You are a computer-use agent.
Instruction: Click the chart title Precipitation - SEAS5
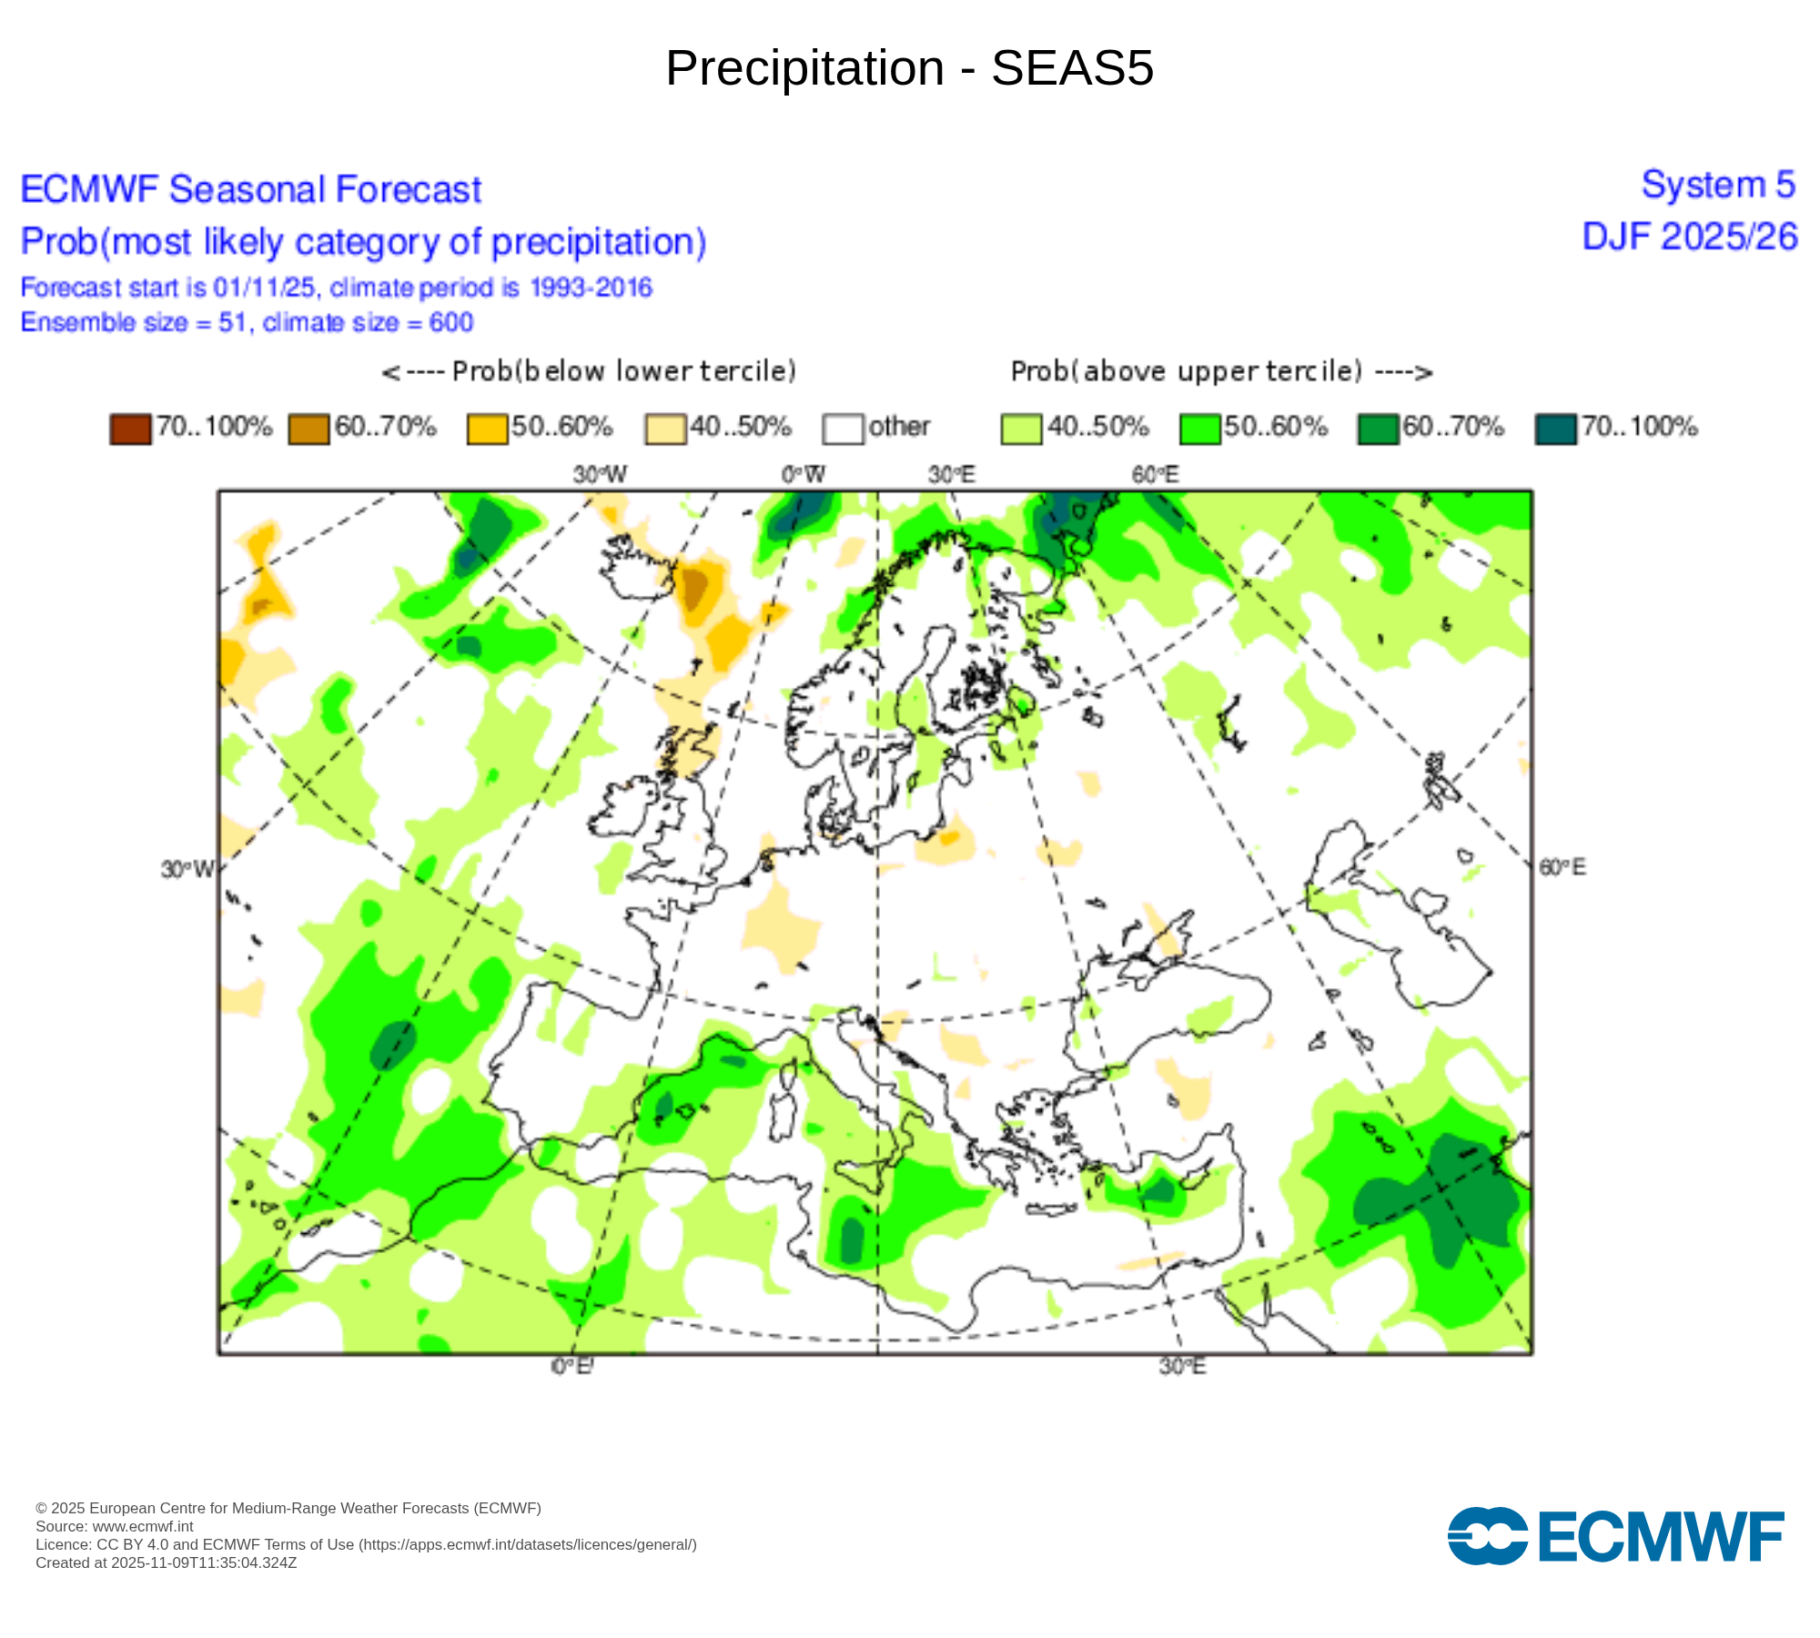(x=909, y=68)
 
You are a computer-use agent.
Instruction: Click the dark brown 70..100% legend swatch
(x=129, y=429)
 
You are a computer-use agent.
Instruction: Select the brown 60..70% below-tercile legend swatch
(x=308, y=429)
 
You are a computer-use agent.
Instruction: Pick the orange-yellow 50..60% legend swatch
(x=487, y=429)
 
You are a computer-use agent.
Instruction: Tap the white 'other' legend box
(x=843, y=429)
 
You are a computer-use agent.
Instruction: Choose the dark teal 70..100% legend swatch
(x=1555, y=429)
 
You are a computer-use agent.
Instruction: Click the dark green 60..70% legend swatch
(x=1377, y=429)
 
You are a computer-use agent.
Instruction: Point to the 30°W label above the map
(x=600, y=474)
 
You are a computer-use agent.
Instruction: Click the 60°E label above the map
(x=1155, y=474)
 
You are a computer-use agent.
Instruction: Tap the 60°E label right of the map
(x=1562, y=867)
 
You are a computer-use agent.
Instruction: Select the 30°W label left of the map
(x=187, y=869)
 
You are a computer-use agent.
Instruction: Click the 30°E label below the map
(x=1182, y=1366)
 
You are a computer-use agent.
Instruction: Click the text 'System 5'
(x=1717, y=185)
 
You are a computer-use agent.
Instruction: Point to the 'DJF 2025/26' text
(x=1689, y=237)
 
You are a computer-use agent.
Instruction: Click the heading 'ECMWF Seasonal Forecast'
(x=250, y=189)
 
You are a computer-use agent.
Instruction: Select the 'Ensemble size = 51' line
(x=247, y=322)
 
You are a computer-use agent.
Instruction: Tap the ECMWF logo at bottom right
(x=1615, y=1537)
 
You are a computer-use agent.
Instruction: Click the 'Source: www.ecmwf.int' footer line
(x=114, y=1526)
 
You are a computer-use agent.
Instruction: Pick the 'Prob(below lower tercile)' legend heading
(x=589, y=371)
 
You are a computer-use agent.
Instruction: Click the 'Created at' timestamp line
(x=166, y=1562)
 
